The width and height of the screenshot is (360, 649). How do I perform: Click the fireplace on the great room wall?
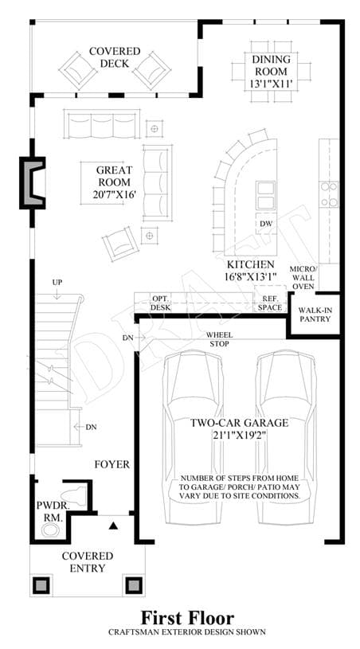[x=33, y=182]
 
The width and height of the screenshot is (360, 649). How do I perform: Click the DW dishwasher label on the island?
[x=265, y=224]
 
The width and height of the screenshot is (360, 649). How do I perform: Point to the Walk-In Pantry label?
[x=315, y=315]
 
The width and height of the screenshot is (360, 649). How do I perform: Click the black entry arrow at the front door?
[x=113, y=526]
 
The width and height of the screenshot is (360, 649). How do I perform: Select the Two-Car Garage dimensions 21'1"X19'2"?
[x=239, y=436]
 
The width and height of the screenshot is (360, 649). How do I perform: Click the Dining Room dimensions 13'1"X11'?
[x=271, y=84]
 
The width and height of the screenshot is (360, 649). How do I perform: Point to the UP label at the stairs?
[x=57, y=282]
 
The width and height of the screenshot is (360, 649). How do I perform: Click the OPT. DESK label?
[x=160, y=303]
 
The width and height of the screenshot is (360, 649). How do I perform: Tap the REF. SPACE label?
[x=270, y=303]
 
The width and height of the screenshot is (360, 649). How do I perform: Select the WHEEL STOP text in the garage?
[x=219, y=339]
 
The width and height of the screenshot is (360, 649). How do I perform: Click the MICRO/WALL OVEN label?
[x=302, y=277]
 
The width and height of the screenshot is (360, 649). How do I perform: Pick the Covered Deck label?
[x=115, y=57]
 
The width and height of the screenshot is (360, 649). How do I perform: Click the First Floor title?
[x=187, y=617]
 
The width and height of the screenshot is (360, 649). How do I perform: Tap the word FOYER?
[x=112, y=464]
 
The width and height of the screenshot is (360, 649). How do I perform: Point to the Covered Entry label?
[x=88, y=562]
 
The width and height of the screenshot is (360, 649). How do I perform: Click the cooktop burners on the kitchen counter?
[x=329, y=194]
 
